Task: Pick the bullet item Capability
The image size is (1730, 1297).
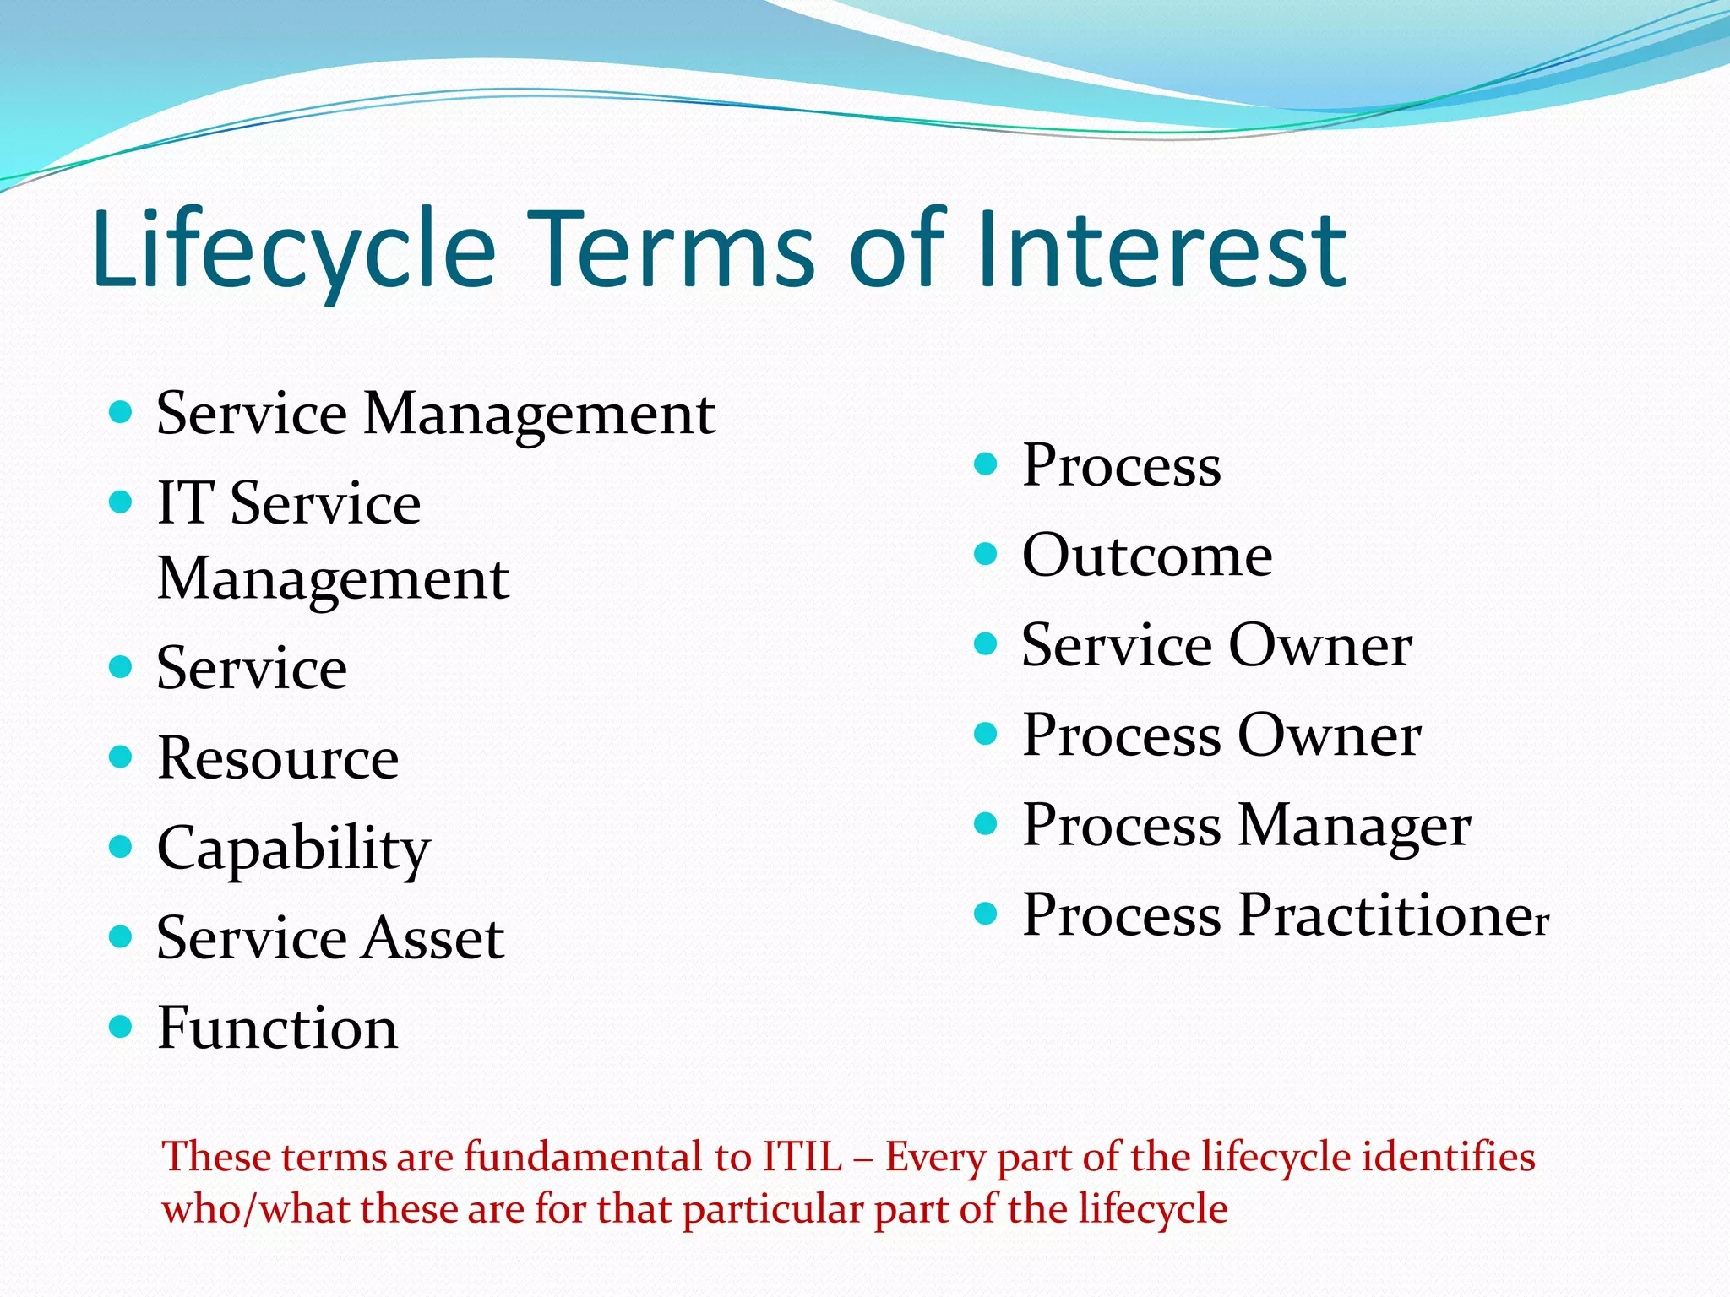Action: (x=293, y=848)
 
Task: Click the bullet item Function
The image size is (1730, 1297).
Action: (x=277, y=1028)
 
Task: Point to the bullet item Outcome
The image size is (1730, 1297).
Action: (x=1146, y=556)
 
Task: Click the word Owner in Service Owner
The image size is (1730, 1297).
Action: (x=1319, y=645)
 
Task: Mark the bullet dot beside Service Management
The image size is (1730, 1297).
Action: (x=122, y=412)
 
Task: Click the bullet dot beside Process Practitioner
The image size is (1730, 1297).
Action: (x=985, y=914)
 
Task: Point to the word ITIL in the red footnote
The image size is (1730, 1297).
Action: (x=802, y=1157)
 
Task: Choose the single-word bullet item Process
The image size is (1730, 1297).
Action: (x=1121, y=465)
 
